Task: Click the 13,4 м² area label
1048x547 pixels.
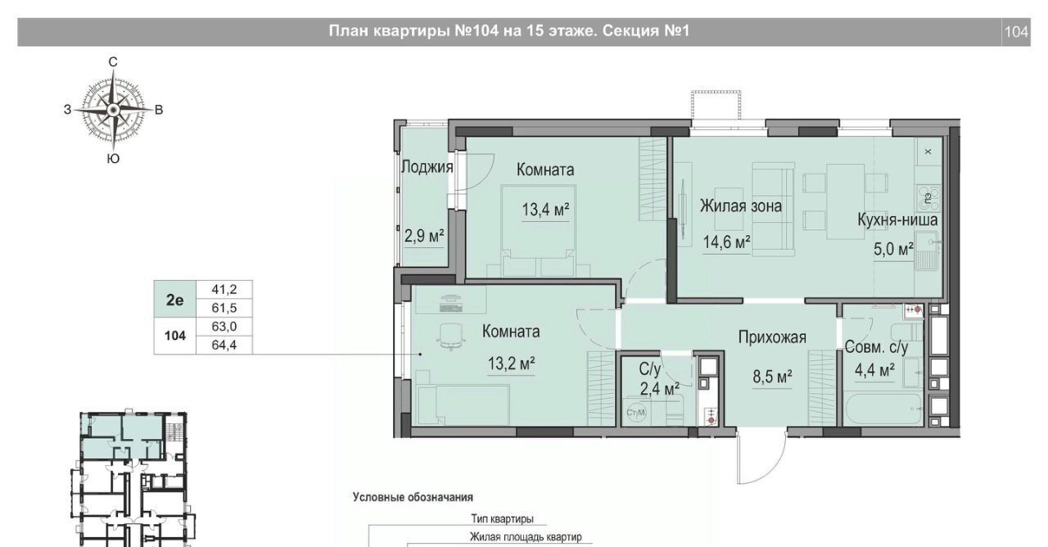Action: pos(545,210)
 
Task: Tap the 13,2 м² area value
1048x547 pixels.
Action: pos(512,364)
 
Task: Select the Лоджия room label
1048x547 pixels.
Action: pos(427,167)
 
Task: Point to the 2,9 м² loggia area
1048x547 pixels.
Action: pos(424,236)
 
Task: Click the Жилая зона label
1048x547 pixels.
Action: pos(741,206)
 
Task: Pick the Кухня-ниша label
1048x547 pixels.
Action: pos(897,220)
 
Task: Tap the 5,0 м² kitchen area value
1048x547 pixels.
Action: pos(893,250)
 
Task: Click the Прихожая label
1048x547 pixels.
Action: pos(772,337)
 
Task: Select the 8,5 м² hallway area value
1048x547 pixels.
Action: pos(772,377)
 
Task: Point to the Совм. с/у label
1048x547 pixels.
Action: pos(876,347)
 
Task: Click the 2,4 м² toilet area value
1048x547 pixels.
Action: pos(660,389)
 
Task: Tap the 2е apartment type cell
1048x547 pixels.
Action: pos(175,300)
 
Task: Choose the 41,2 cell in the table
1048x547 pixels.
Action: pos(224,290)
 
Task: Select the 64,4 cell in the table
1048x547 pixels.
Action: pos(224,346)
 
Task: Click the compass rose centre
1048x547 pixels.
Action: pos(113,110)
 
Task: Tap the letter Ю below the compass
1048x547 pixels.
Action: pos(113,159)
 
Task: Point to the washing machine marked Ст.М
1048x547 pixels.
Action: pos(636,413)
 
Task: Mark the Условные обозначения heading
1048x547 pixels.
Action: pos(413,497)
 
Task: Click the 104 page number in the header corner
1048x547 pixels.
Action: pos(1017,32)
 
